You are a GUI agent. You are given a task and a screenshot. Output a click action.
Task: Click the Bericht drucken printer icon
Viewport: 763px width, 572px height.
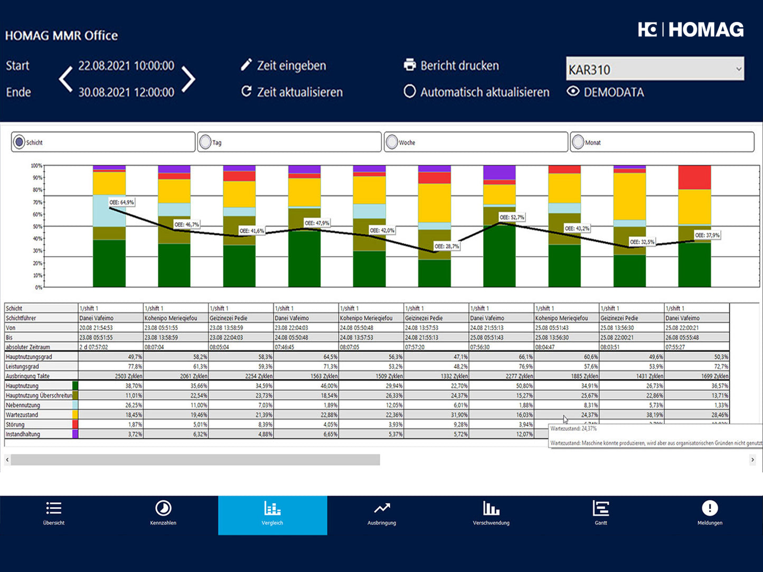click(x=409, y=65)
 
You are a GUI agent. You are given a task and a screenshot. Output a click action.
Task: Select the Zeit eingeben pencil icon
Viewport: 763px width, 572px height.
click(x=246, y=64)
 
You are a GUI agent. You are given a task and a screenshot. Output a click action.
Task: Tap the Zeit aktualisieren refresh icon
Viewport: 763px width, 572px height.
click(x=246, y=91)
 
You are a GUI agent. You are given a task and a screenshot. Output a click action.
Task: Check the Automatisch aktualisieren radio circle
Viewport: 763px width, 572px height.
click(x=409, y=91)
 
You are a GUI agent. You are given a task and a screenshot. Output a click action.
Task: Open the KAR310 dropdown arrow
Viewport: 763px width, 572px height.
click(x=738, y=69)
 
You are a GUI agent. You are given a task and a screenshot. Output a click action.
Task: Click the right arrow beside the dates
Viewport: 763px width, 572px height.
click(x=189, y=79)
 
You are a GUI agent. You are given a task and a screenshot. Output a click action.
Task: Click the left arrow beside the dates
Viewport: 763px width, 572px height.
click(x=65, y=79)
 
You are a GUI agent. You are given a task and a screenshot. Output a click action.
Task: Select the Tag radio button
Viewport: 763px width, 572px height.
click(x=205, y=142)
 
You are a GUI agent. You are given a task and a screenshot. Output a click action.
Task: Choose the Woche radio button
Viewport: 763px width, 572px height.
click(x=392, y=142)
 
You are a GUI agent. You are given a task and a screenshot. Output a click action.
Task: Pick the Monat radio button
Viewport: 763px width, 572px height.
click(x=578, y=142)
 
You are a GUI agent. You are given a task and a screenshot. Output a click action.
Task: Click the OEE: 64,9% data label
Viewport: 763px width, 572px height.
click(x=121, y=202)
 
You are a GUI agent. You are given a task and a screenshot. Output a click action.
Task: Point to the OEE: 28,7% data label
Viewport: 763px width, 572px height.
click(x=447, y=246)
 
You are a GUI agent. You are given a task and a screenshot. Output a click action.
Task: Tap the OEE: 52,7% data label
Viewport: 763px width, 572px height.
click(x=512, y=217)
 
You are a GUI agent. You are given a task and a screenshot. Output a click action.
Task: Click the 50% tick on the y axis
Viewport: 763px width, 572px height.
click(x=37, y=226)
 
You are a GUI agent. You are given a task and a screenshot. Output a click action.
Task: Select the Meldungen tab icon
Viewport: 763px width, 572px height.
click(x=710, y=508)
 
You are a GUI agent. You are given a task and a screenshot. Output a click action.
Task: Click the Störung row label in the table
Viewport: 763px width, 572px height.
click(x=16, y=424)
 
